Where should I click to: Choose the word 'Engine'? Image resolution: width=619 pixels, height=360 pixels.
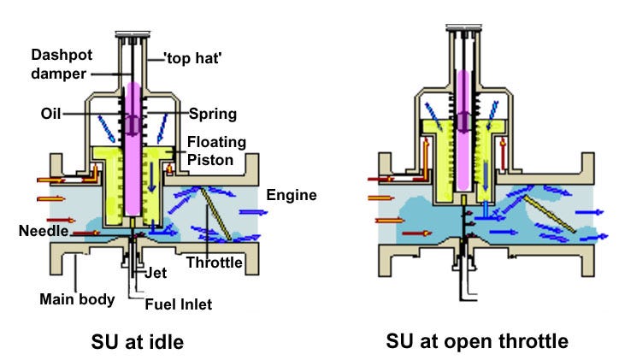tap(291, 195)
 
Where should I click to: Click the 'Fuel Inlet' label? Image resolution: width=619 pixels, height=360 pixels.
tap(180, 304)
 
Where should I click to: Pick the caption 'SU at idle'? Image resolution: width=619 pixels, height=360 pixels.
tap(138, 342)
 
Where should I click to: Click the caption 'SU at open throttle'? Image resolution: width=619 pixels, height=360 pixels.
tap(477, 341)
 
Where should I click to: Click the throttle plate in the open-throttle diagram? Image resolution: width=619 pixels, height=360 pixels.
tap(548, 214)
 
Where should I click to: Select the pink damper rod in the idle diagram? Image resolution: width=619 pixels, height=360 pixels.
tap(138, 150)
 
